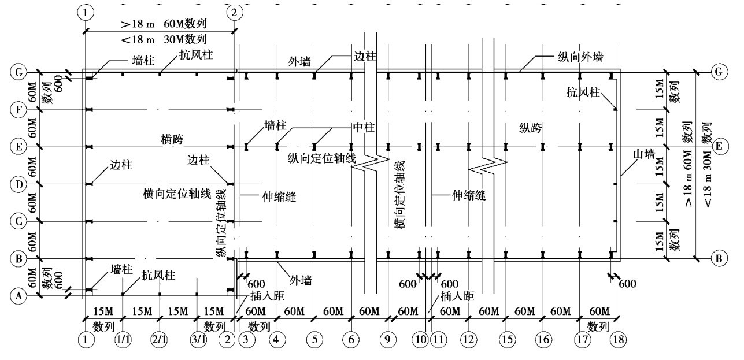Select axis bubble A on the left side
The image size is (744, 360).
[x=19, y=296]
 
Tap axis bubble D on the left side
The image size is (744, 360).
[x=19, y=184]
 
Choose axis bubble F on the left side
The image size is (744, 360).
[x=19, y=109]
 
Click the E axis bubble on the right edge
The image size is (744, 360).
[x=719, y=147]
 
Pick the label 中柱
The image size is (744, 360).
[x=364, y=128]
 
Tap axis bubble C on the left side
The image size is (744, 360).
[x=19, y=221]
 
